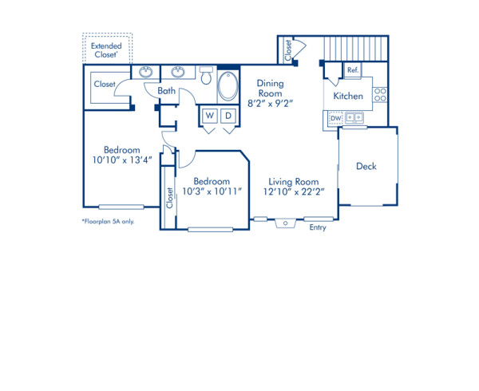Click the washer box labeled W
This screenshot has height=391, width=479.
[x=209, y=116]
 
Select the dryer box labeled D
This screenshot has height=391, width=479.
[x=228, y=116]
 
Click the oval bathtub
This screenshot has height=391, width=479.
[x=228, y=87]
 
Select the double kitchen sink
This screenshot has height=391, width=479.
[x=353, y=118]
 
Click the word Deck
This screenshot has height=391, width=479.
[x=366, y=167]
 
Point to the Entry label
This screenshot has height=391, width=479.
[x=318, y=227]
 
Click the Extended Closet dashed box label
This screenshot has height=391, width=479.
[x=107, y=50]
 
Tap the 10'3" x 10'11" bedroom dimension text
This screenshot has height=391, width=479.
[x=212, y=192]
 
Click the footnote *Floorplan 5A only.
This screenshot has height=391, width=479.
[x=108, y=221]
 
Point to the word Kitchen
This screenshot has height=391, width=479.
[x=348, y=96]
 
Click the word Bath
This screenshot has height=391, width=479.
[x=166, y=91]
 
